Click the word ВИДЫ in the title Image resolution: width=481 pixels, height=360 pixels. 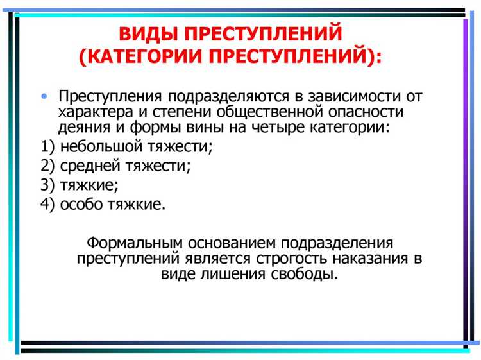(148, 34)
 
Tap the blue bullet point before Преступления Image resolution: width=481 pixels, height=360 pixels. (43, 96)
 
